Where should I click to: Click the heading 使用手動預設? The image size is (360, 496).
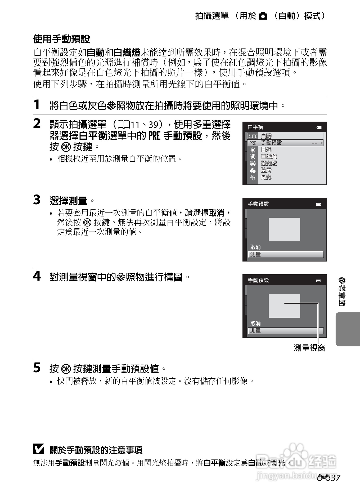click(61, 39)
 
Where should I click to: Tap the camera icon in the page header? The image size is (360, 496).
click(263, 16)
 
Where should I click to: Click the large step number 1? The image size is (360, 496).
click(37, 104)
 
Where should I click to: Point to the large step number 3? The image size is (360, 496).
click(37, 200)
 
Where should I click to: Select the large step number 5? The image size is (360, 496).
click(37, 368)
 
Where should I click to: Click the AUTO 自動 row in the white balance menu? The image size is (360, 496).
click(285, 136)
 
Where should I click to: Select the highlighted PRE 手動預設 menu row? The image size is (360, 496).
click(285, 143)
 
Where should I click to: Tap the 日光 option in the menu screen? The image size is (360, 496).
click(266, 150)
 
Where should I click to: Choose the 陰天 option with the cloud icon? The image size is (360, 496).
click(266, 170)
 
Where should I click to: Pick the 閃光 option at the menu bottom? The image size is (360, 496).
click(266, 177)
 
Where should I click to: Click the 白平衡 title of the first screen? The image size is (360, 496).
click(255, 127)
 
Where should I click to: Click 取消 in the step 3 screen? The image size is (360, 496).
click(255, 247)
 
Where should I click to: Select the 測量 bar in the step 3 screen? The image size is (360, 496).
click(285, 254)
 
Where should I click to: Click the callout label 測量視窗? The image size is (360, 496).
click(309, 348)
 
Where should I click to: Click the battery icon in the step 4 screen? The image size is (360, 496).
click(318, 281)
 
